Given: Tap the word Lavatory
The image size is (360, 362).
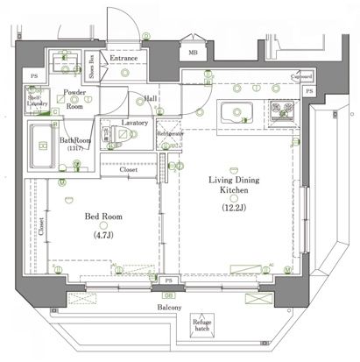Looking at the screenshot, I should [136, 123].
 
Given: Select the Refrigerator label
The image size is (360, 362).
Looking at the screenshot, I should [170, 133].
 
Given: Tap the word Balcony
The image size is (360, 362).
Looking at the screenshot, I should [168, 309].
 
